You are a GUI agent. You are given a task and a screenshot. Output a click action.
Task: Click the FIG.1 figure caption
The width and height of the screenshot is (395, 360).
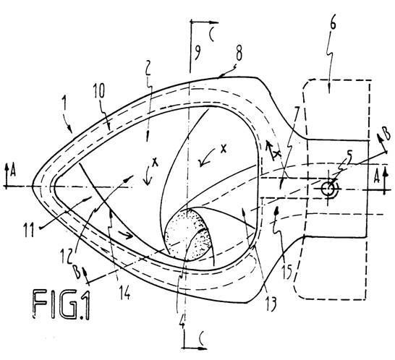(61, 304)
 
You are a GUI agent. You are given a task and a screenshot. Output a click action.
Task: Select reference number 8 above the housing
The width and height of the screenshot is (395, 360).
(238, 55)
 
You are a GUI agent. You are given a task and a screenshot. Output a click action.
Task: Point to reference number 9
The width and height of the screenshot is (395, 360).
(197, 53)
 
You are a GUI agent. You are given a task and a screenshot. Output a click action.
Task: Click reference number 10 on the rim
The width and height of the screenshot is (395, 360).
(99, 91)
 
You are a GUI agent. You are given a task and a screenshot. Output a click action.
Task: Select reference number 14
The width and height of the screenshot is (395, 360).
(124, 292)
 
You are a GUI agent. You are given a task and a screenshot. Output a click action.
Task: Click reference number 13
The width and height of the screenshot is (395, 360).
(270, 304)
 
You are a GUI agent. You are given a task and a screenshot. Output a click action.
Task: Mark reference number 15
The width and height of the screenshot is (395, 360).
(287, 272)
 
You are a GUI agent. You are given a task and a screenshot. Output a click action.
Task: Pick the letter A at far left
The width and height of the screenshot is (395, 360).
(13, 172)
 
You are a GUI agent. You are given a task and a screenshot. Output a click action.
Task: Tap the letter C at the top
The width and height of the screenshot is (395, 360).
(211, 35)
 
